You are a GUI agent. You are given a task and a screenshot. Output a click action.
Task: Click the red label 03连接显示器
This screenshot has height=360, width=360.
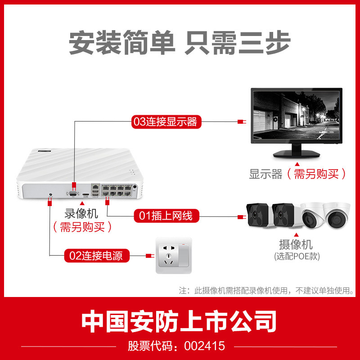coord(165,121)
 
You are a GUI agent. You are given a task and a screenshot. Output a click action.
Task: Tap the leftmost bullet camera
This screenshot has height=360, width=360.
coord(257,216)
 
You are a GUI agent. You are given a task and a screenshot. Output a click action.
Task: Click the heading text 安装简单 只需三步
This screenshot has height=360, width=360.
coord(180,43)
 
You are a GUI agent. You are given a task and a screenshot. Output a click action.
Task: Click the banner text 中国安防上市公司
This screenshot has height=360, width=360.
coord(180,322)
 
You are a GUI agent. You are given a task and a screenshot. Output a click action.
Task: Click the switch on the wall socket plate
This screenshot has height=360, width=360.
coord(184,255)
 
